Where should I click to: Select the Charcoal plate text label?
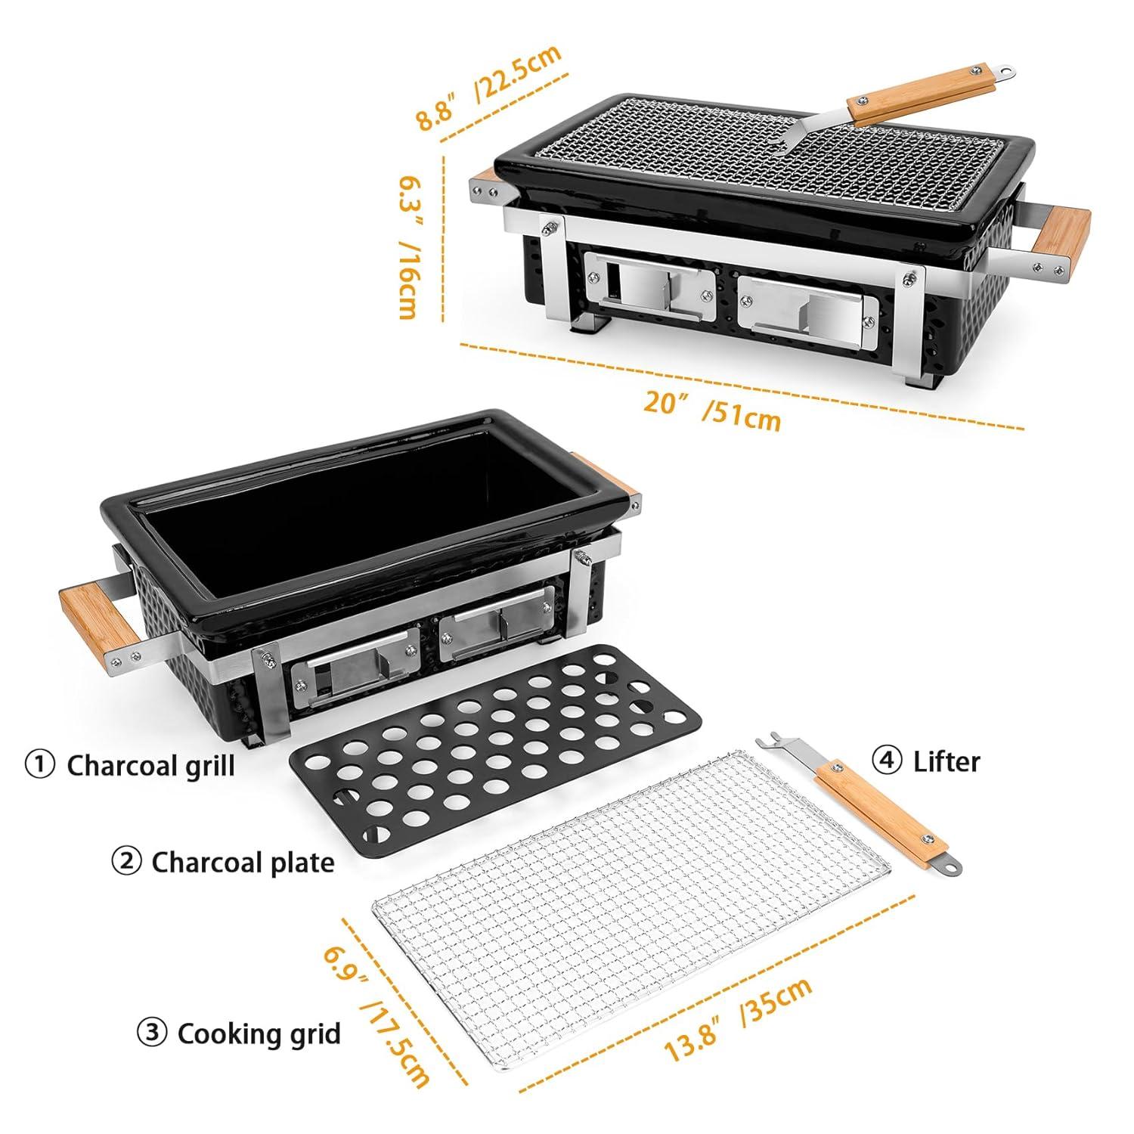pyautogui.click(x=243, y=862)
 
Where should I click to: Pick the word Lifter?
pyautogui.click(x=947, y=761)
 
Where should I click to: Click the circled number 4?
pyautogui.click(x=887, y=761)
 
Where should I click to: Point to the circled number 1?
pyautogui.click(x=40, y=764)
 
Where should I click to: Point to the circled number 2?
pyautogui.click(x=126, y=861)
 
